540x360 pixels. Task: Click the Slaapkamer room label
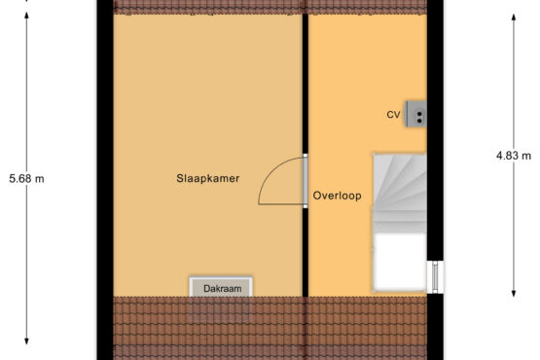coord(207,178)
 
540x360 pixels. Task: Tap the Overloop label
coord(338,196)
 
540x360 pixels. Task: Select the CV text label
coord(393,115)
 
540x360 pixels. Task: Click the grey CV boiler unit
coord(416,114)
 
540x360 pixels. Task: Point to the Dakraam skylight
coord(221,287)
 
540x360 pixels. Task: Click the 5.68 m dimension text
coord(26,179)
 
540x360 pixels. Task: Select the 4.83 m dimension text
coord(514,156)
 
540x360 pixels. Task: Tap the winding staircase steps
coord(400,194)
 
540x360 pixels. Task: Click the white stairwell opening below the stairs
coord(400,262)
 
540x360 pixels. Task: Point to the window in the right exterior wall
coord(435,277)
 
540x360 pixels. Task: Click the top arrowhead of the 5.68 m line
coord(26,16)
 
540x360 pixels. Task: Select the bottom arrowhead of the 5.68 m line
coord(26,342)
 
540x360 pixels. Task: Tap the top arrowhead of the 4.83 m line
coord(514,18)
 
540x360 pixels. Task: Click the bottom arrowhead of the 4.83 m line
coord(514,293)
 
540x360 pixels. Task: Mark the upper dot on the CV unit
coord(419,114)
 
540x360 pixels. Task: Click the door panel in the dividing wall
coord(306,181)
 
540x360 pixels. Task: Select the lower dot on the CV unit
coord(419,121)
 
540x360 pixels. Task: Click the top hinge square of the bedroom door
coord(306,156)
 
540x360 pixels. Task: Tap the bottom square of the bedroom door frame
coord(306,206)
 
